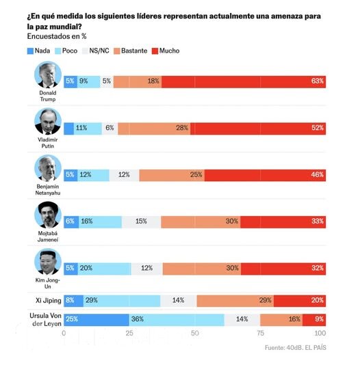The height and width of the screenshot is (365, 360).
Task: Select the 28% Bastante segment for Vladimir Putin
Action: pos(154,128)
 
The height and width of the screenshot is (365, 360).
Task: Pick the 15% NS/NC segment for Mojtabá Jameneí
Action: pos(142,222)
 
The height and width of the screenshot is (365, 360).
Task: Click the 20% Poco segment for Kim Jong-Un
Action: pos(105,269)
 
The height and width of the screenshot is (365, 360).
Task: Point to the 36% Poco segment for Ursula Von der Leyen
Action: pos(177,319)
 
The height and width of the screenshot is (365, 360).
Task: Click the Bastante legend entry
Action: pos(133,51)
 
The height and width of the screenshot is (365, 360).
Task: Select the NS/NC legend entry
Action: pos(95,51)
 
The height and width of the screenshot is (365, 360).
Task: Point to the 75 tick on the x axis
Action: pos(261,334)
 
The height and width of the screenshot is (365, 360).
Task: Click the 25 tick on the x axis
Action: pos(129,334)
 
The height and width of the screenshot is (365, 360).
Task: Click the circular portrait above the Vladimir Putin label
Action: pos(48,122)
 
